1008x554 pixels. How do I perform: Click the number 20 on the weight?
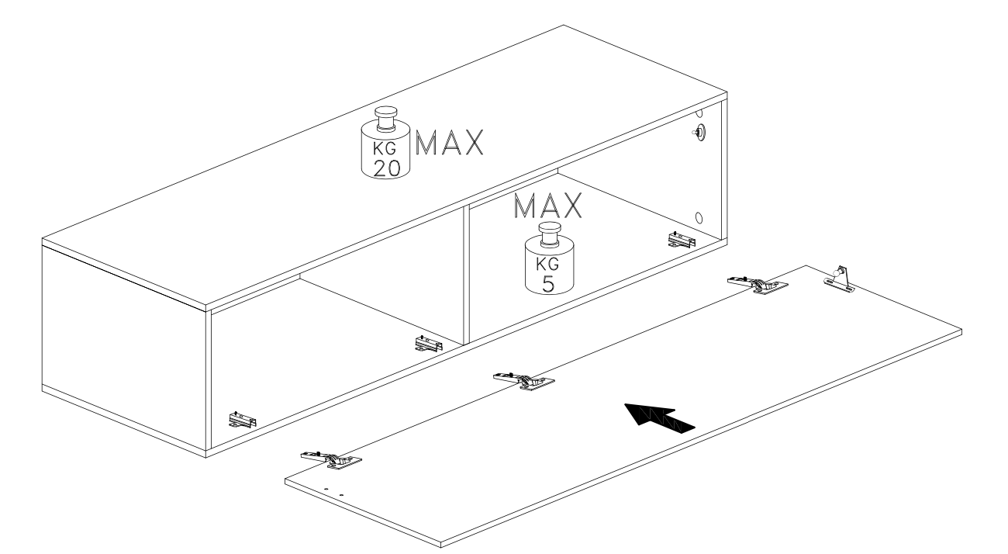[387, 168]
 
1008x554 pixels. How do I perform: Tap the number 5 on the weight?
[548, 284]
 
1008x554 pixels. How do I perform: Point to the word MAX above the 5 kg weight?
[547, 206]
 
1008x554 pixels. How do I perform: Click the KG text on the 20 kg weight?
[385, 148]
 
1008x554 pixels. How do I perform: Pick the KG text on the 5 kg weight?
[547, 264]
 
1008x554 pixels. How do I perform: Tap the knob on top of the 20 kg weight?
[385, 119]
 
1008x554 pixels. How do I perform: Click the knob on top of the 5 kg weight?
[550, 234]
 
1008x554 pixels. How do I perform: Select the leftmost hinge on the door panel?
[331, 460]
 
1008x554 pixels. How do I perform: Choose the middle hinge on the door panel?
[524, 381]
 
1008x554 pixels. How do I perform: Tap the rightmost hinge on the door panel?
[758, 285]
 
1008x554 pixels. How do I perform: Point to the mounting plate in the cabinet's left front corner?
[242, 420]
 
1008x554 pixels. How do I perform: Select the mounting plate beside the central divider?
[428, 344]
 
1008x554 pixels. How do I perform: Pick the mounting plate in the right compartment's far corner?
[682, 240]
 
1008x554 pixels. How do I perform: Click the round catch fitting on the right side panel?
[699, 133]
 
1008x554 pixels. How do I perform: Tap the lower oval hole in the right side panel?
[699, 218]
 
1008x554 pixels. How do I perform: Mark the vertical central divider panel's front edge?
[467, 275]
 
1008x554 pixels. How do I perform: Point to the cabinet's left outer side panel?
[124, 347]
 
